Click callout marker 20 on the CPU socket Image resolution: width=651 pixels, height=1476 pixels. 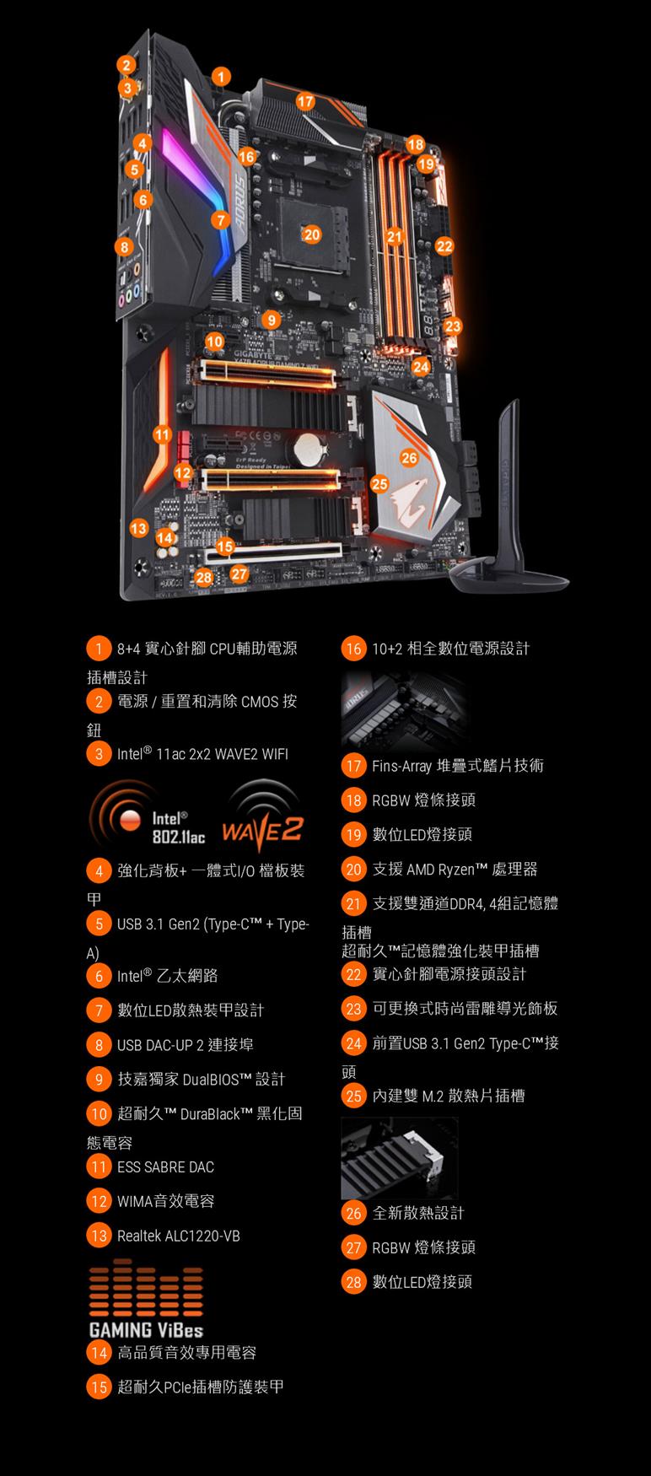click(x=311, y=234)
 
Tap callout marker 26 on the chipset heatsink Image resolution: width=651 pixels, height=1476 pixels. click(x=409, y=457)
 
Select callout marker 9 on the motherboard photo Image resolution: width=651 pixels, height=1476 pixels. click(x=271, y=320)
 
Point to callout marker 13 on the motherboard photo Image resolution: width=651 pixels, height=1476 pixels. click(x=139, y=528)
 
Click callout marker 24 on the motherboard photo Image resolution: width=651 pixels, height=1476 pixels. click(x=421, y=367)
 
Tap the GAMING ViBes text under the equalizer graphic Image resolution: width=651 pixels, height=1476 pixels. click(x=146, y=1329)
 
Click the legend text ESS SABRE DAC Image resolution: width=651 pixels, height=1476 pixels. click(x=165, y=1167)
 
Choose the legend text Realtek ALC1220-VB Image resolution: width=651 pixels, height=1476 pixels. click(x=178, y=1236)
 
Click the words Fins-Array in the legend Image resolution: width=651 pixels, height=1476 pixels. click(x=401, y=766)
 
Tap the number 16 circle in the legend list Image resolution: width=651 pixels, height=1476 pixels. click(x=353, y=649)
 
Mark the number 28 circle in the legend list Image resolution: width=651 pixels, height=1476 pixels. click(x=353, y=1282)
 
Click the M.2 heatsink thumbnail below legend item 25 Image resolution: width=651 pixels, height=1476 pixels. click(x=400, y=1158)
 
